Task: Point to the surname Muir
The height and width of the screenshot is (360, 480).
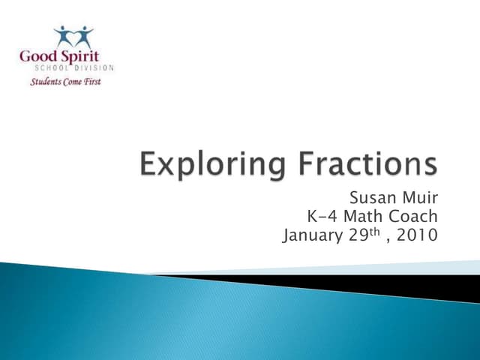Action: pyautogui.click(x=421, y=199)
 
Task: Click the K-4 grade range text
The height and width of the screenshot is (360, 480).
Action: pyautogui.click(x=321, y=217)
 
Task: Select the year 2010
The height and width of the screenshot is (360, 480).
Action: pyautogui.click(x=418, y=236)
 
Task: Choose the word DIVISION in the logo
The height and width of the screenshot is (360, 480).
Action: pyautogui.click(x=96, y=68)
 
